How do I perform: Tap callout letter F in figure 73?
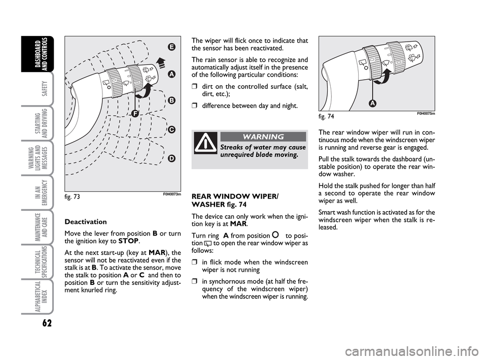[x=135, y=114]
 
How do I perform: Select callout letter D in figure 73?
[x=171, y=158]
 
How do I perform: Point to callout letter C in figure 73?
[x=171, y=129]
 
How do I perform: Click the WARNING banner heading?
[x=263, y=137]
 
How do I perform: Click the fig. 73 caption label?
[x=73, y=196]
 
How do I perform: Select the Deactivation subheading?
[x=86, y=222]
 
